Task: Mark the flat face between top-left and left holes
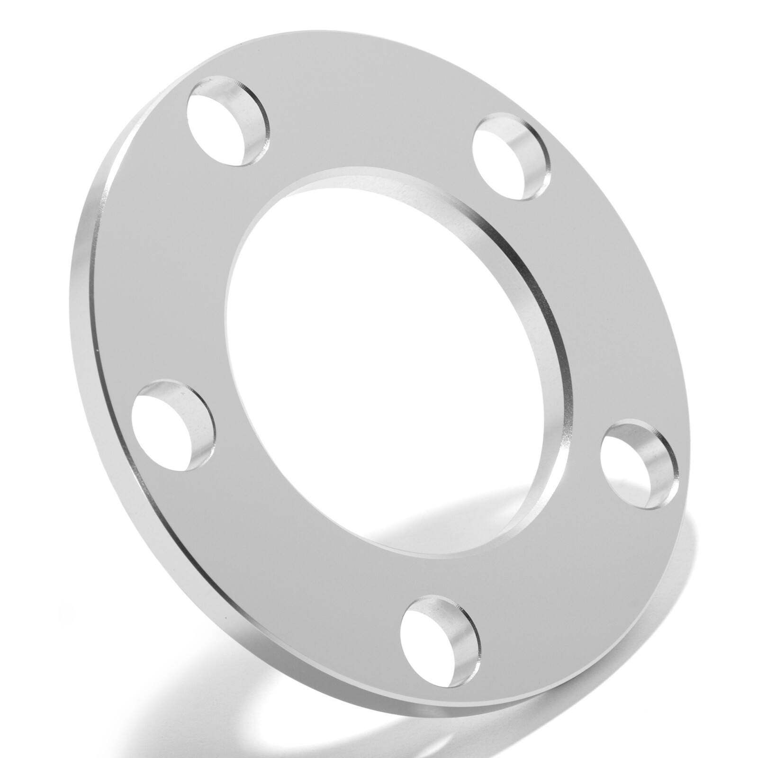tap(166, 265)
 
